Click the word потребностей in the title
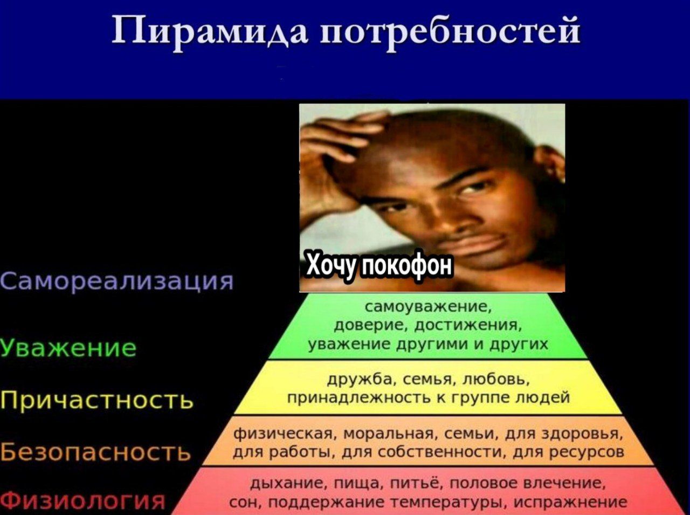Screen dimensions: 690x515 click(450, 32)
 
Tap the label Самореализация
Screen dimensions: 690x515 click(116, 281)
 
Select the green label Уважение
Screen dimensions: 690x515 click(68, 347)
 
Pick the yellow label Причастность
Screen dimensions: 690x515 click(96, 400)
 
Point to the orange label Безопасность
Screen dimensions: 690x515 click(95, 452)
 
